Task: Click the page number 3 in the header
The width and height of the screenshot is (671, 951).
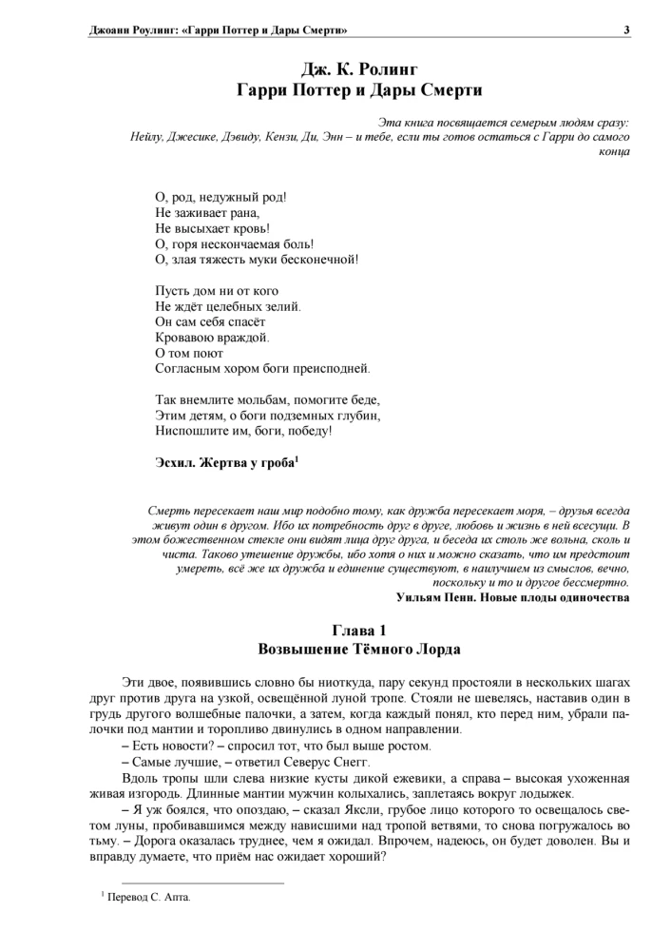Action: pyautogui.click(x=626, y=29)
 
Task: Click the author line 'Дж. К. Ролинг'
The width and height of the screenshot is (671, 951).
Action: pyautogui.click(x=359, y=69)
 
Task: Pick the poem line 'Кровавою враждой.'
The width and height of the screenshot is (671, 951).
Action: pyautogui.click(x=212, y=337)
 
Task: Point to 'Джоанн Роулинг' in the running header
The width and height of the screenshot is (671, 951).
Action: pyautogui.click(x=129, y=29)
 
